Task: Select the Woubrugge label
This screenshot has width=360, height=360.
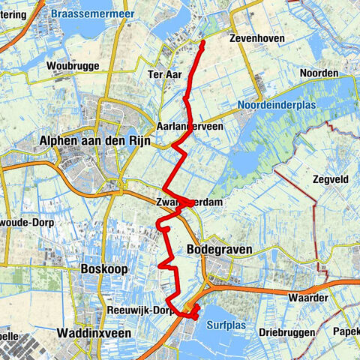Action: pyautogui.click(x=73, y=66)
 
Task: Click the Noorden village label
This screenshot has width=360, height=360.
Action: pyautogui.click(x=319, y=73)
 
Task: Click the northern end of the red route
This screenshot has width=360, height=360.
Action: pyautogui.click(x=202, y=43)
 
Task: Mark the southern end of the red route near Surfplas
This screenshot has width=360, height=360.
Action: pyautogui.click(x=196, y=318)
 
